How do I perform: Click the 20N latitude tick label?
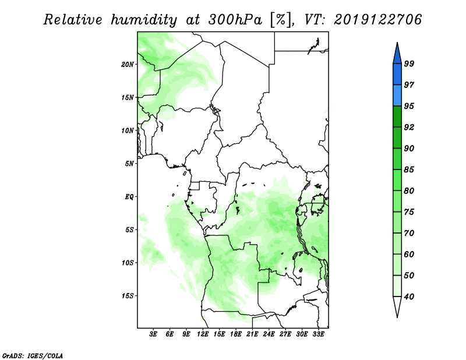coord(128,65)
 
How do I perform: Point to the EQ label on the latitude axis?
coord(129,197)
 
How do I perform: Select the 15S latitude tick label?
coord(128,296)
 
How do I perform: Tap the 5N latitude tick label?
coord(129,164)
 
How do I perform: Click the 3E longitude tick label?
coord(153,334)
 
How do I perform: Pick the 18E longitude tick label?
coord(236,334)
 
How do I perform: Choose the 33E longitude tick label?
coord(318,334)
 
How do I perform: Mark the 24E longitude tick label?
coord(269,334)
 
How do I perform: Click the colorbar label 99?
coord(409,63)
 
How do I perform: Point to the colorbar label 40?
coord(409,297)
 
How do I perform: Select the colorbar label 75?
coord(409,212)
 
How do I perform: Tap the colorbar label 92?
coord(409,127)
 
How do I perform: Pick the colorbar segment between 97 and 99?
coord(397,75)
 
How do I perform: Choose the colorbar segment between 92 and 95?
coord(397,117)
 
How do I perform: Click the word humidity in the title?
coord(144,20)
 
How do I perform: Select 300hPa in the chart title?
coord(235,20)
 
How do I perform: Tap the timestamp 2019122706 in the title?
coord(377,20)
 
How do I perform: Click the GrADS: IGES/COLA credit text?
coord(33,355)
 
